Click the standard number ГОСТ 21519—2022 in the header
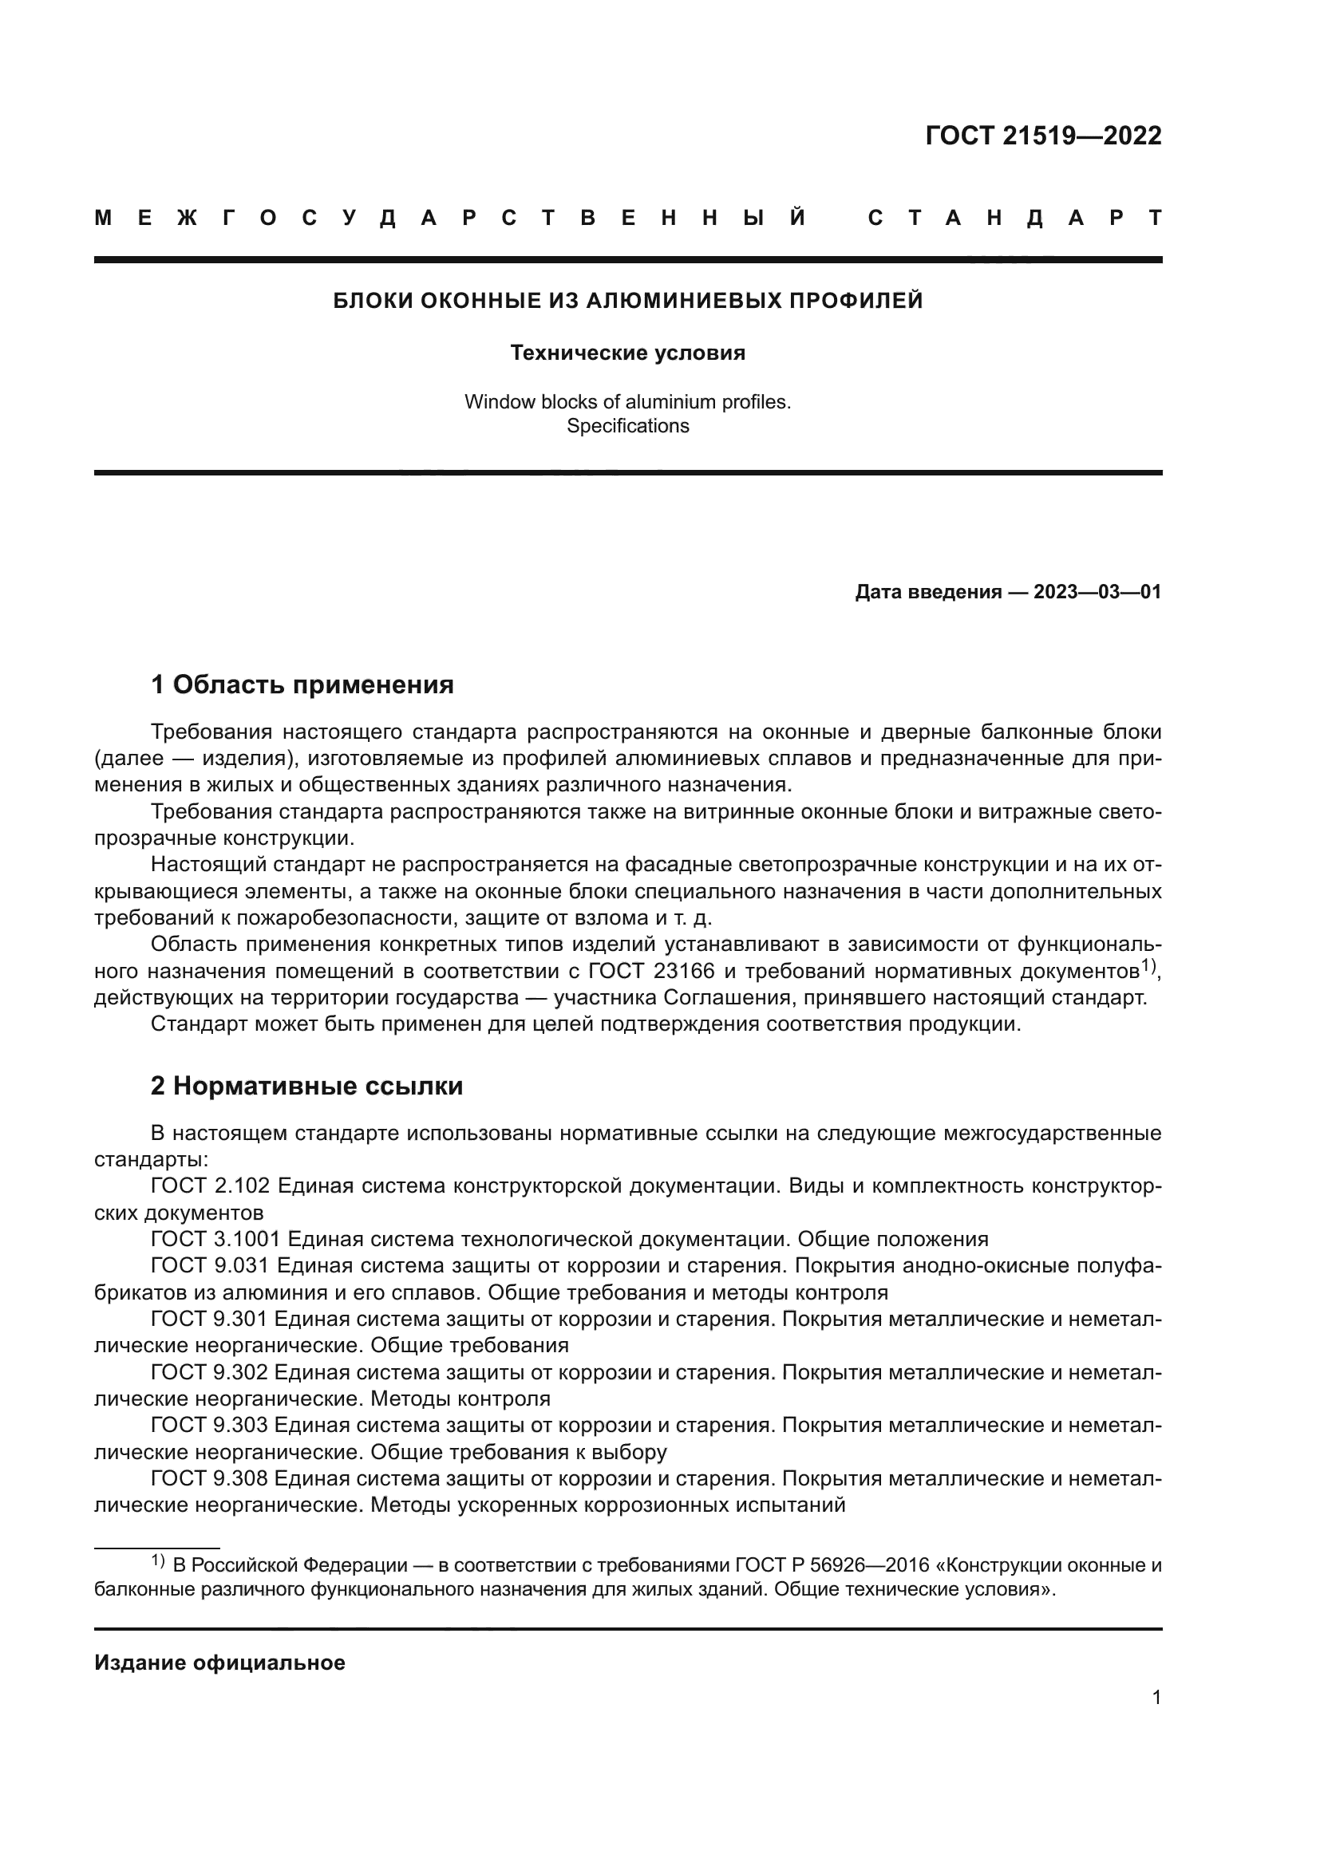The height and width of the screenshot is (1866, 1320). point(1043,136)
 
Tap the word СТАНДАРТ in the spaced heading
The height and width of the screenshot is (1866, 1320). point(1014,218)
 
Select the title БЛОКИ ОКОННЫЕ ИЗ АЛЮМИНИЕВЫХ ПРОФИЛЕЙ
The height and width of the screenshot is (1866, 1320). point(627,301)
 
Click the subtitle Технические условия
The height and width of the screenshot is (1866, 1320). point(627,353)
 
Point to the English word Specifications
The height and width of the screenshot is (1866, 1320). point(627,426)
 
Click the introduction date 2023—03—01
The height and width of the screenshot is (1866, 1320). point(1097,592)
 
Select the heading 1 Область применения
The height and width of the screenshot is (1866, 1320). point(302,684)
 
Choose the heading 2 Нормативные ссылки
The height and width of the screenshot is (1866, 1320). point(306,1086)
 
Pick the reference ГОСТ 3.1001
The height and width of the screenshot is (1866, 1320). point(215,1240)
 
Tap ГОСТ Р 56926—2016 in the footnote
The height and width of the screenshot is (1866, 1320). point(832,1565)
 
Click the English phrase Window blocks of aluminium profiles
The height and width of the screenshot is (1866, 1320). point(627,401)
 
